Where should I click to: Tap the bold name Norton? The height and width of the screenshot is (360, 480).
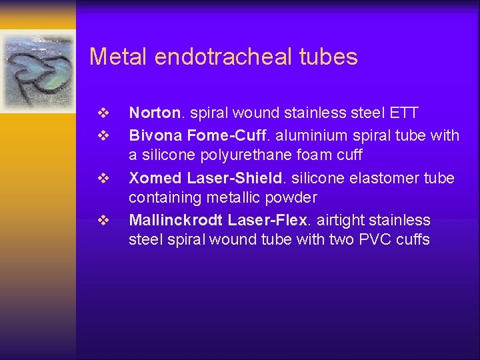154,113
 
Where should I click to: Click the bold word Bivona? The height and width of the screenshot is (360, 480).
155,136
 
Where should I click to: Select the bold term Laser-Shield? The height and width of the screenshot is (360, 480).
226,179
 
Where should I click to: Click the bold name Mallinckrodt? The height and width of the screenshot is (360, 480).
175,220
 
